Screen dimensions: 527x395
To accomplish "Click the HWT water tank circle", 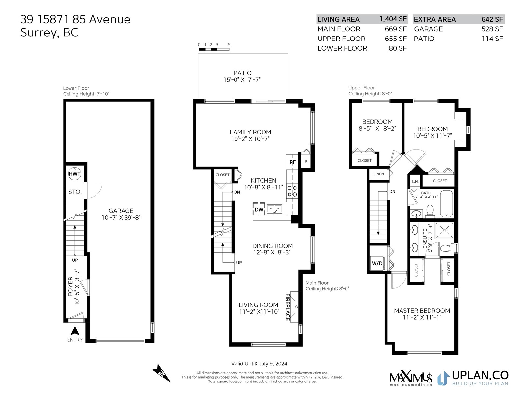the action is click(75, 174).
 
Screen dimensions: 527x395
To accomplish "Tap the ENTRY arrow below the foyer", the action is click(75, 331).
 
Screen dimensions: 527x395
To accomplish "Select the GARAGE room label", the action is click(121, 211).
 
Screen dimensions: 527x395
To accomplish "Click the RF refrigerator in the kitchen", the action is click(292, 162).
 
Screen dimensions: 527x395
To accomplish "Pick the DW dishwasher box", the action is click(259, 209).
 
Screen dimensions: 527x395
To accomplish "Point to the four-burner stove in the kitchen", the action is click(292, 191).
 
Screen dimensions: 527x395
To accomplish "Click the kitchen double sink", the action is click(274, 209).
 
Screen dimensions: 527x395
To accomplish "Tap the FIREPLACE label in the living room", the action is click(288, 307).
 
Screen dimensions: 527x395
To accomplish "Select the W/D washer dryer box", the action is click(377, 263).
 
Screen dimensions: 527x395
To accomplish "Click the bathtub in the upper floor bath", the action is click(446, 203).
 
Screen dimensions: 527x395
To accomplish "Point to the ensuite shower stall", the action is click(444, 230).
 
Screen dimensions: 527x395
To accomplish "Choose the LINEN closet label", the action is click(379, 174).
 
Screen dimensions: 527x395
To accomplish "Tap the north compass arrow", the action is click(162, 373).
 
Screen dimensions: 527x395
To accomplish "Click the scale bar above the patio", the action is click(214, 50).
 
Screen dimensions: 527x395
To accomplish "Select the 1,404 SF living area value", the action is click(393, 19).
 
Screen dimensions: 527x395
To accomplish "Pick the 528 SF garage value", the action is click(492, 29).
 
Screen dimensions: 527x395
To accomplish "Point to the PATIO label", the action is click(242, 73).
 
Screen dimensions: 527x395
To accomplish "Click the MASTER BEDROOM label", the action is click(422, 311).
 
